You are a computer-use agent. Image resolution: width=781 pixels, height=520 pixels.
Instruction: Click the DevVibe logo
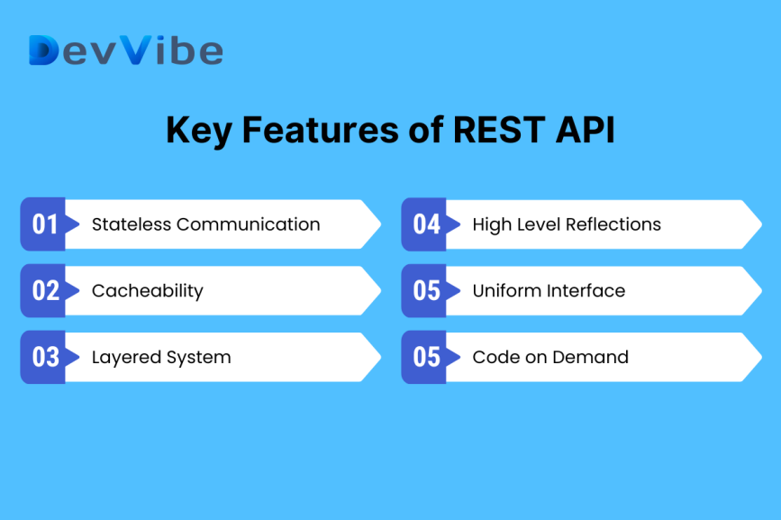[125, 50]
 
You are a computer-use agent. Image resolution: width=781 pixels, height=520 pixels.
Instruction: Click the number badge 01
[44, 224]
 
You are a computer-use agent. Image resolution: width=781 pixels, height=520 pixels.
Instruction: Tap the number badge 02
[44, 290]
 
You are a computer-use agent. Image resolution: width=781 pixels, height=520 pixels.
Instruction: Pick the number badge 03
[44, 357]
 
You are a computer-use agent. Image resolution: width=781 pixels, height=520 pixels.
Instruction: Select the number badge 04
[425, 224]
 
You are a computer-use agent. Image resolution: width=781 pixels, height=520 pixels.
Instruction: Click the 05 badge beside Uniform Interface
[425, 290]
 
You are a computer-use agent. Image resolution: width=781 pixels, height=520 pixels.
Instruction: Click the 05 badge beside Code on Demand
[425, 357]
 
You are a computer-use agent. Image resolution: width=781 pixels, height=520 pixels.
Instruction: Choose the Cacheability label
[147, 290]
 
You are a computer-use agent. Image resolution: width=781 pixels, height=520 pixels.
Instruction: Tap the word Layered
[123, 358]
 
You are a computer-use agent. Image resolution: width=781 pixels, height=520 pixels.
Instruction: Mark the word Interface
[586, 290]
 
